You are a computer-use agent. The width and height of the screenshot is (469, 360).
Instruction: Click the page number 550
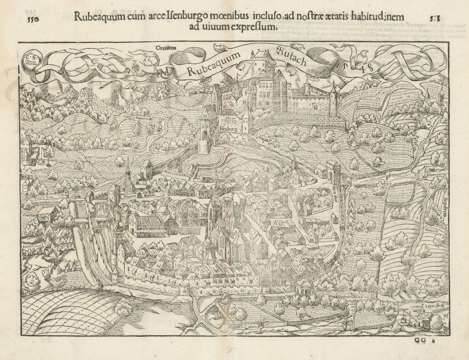32,19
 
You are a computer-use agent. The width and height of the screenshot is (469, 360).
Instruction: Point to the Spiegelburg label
32,243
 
